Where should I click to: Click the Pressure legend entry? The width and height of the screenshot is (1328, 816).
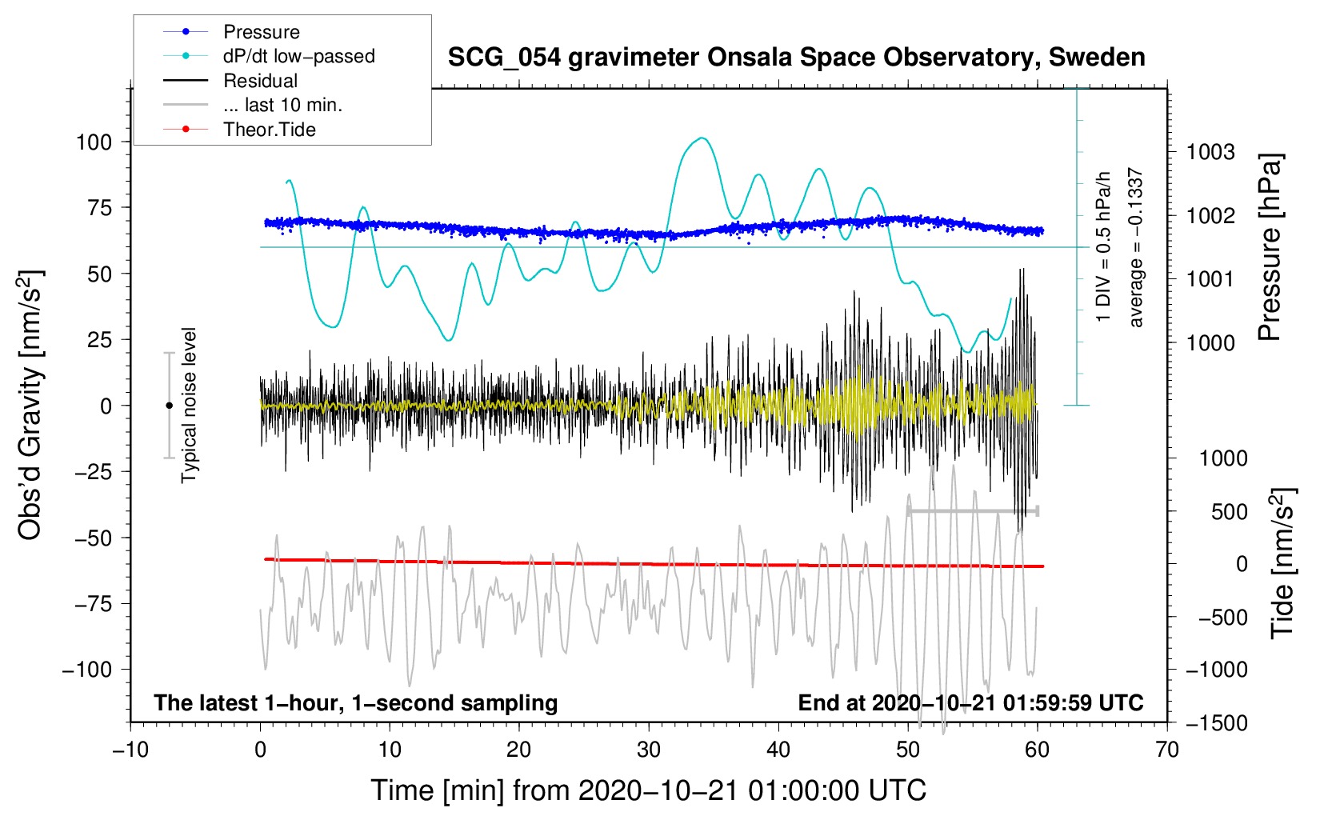click(261, 32)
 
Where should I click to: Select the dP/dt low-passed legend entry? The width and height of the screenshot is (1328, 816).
click(298, 56)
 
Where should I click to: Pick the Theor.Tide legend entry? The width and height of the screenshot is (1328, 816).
click(269, 130)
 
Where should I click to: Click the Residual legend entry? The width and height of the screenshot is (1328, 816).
click(260, 81)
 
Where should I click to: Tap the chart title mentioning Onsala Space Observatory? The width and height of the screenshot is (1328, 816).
click(796, 58)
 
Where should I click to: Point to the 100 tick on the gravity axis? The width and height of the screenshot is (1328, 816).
click(94, 142)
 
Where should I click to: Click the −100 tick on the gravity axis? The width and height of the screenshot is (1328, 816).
click(87, 670)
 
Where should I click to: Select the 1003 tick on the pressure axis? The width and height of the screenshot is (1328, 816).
click(1210, 152)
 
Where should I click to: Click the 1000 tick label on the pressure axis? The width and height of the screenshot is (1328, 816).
click(1210, 343)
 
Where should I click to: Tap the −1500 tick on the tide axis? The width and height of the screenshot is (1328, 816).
click(1217, 722)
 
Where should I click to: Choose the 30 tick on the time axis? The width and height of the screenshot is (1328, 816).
click(649, 750)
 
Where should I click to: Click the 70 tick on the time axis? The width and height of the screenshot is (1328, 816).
click(1167, 750)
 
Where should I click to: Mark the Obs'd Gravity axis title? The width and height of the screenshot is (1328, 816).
click(30, 406)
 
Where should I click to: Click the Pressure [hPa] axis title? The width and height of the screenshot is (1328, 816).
click(1270, 248)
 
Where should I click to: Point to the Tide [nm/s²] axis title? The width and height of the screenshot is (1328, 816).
click(1282, 563)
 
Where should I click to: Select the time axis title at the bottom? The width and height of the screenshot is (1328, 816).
click(648, 790)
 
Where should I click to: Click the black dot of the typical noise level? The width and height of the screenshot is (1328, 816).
click(169, 406)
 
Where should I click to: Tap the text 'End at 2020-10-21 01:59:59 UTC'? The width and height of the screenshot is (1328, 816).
click(970, 703)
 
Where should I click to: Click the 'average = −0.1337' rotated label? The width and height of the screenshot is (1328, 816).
click(1136, 248)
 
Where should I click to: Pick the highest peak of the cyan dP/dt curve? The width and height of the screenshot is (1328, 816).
click(702, 138)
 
